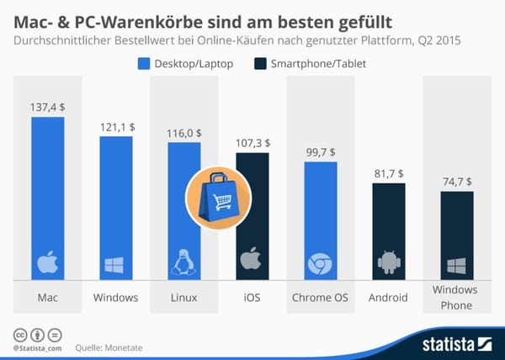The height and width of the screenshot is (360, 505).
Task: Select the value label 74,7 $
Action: (456, 181)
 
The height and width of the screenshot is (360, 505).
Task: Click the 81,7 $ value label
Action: (388, 172)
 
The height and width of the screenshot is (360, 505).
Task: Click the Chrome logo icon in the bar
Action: (320, 264)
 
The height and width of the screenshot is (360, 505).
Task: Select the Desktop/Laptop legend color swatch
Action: (142, 63)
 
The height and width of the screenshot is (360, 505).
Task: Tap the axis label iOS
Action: (252, 298)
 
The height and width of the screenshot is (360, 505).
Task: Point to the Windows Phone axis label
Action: (456, 298)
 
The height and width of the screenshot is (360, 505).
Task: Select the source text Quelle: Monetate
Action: (106, 346)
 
